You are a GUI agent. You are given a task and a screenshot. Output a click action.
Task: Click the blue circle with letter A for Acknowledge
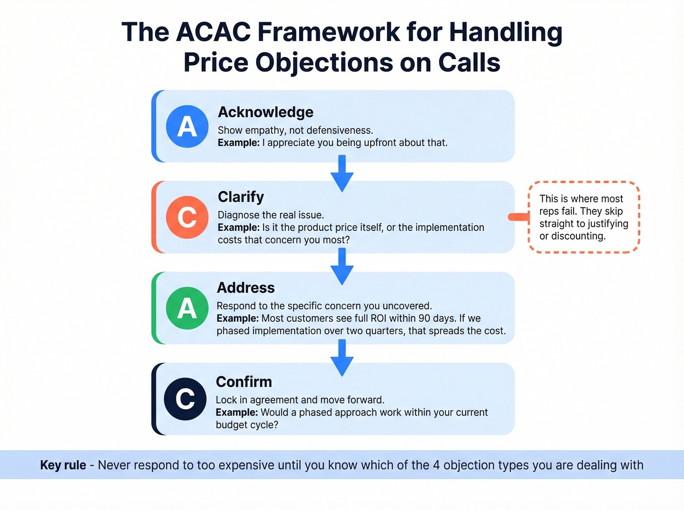187,127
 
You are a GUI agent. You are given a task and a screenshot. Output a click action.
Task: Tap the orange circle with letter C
187,217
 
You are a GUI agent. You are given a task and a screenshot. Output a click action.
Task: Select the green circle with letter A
187,309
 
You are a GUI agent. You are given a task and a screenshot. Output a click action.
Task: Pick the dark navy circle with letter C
185,399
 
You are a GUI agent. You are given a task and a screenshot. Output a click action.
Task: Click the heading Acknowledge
265,112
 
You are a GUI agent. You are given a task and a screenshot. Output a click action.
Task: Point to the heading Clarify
240,197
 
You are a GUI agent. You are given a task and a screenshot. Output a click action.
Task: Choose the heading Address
246,288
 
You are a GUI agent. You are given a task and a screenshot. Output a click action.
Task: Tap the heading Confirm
244,381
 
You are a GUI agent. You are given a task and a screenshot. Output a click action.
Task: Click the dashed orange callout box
584,217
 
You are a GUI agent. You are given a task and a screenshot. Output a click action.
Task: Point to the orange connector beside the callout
518,217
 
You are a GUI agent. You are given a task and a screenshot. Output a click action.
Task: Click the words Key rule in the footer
63,465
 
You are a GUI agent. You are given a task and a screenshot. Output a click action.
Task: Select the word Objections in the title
323,63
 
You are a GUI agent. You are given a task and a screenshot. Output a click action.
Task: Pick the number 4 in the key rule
436,465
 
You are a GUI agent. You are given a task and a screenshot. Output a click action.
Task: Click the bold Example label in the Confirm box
237,412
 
